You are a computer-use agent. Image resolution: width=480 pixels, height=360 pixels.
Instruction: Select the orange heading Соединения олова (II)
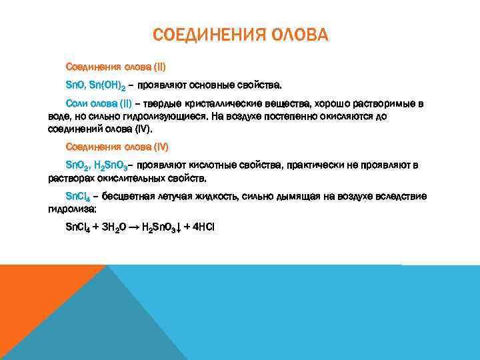click(115, 67)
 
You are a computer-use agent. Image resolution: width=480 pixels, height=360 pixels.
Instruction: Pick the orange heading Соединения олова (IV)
click(117, 146)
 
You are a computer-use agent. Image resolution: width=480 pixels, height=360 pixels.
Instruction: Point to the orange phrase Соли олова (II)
click(99, 104)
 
